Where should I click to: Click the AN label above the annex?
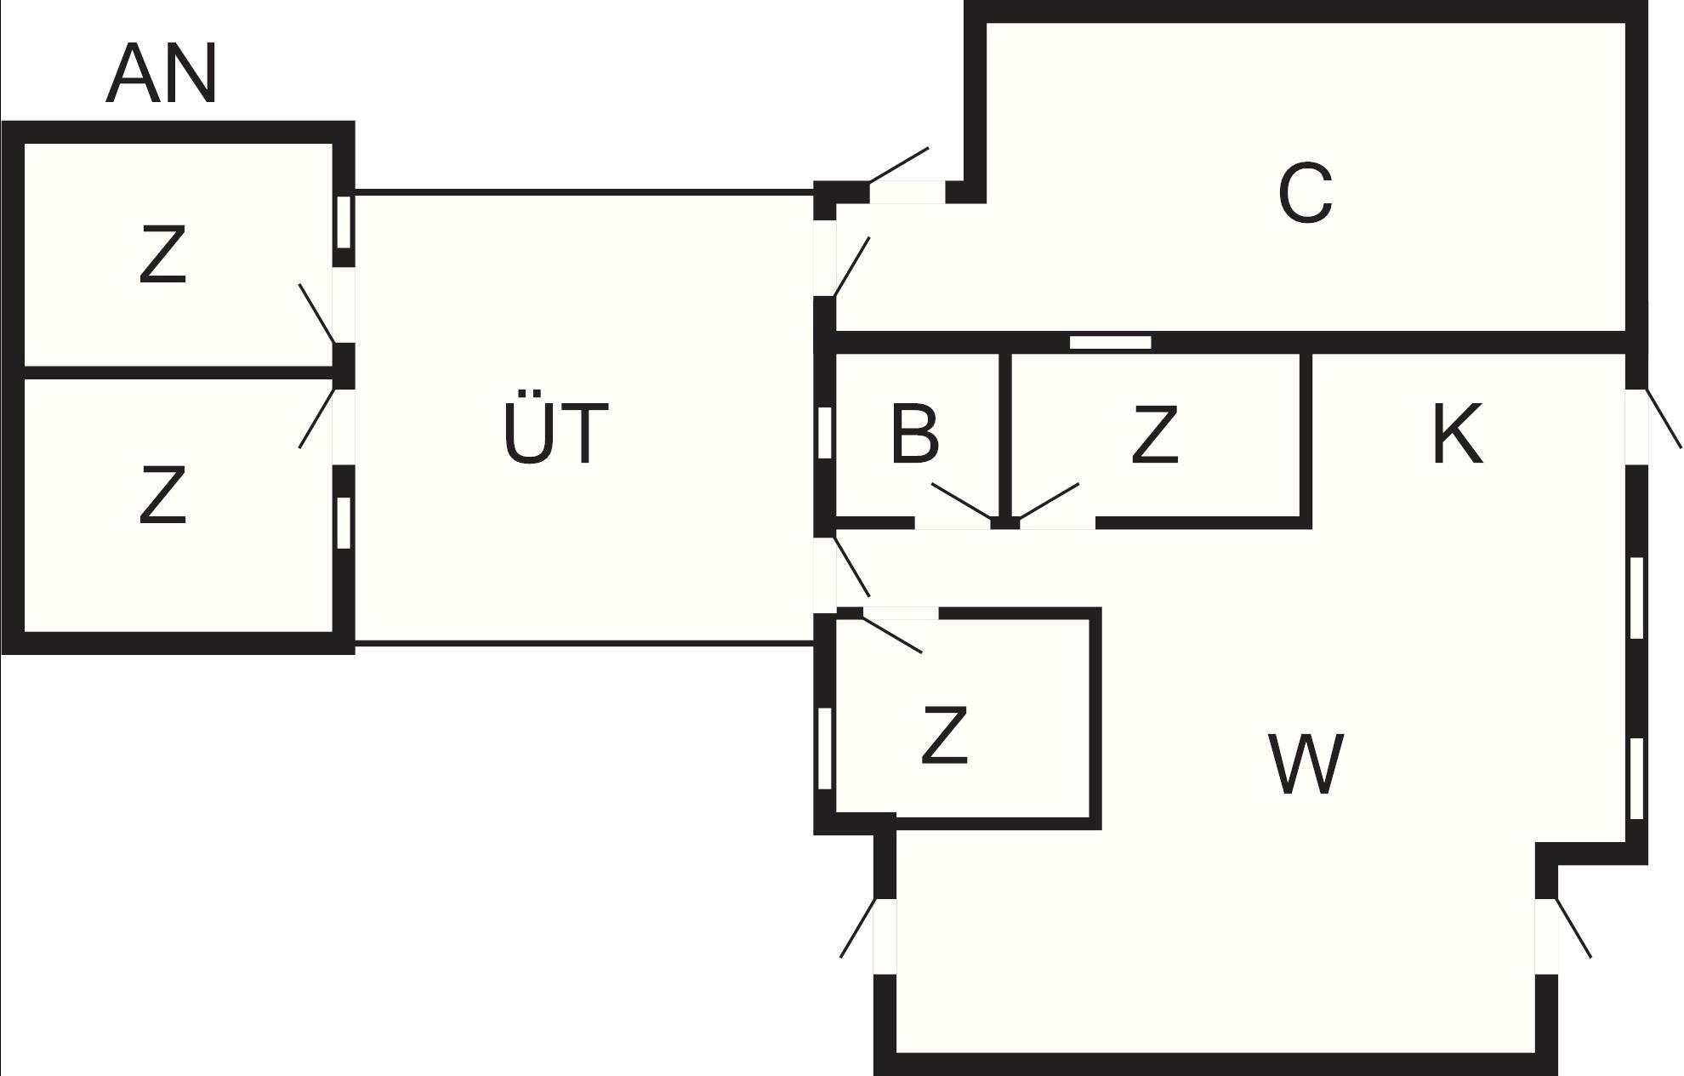point(162,75)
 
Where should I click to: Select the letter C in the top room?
point(1305,194)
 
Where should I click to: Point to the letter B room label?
point(914,435)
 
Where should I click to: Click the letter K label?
point(1458,434)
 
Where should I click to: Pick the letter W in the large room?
point(1306,764)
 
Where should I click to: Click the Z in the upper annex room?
point(162,254)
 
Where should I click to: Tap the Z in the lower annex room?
point(162,494)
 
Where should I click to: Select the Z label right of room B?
point(1155,435)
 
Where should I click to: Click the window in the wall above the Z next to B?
point(1110,342)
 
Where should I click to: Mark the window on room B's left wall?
point(824,433)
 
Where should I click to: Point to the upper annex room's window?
point(343,222)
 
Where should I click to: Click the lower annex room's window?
point(343,522)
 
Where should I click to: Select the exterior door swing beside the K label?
point(1664,418)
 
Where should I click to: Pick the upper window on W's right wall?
point(1636,597)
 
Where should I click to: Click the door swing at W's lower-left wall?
point(857,928)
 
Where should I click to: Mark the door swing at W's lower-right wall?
point(1573,928)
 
